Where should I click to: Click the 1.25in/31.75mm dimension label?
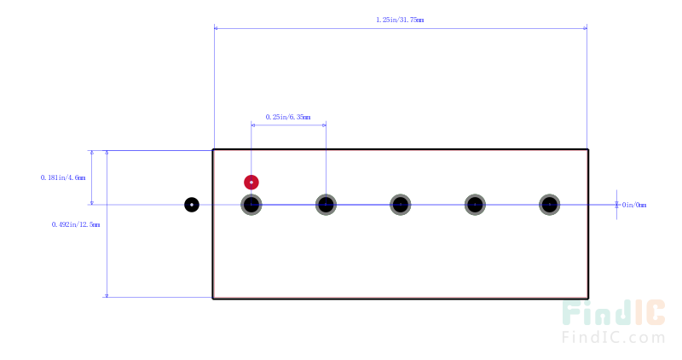[x=400, y=20]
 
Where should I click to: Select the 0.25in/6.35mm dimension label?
[x=288, y=117]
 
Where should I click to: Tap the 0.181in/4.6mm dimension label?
[x=63, y=177]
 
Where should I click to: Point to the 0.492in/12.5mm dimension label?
[x=76, y=224]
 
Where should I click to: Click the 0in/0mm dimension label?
[x=634, y=205]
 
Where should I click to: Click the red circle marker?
[x=251, y=183]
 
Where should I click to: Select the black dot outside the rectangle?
[x=192, y=205]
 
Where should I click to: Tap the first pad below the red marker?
[x=251, y=205]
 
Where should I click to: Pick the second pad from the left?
[x=326, y=205]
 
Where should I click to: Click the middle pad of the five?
[x=401, y=205]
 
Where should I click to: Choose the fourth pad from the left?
[x=475, y=205]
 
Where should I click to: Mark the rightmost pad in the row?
[x=550, y=205]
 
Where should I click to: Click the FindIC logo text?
[x=613, y=312]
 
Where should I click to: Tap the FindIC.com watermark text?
[x=613, y=337]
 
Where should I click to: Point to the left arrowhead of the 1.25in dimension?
[x=216, y=28]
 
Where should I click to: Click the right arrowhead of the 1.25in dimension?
[x=585, y=28]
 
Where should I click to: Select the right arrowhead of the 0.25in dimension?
[x=324, y=125]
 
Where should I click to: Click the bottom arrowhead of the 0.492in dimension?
[x=107, y=295]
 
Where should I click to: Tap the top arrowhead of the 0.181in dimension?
[x=92, y=153]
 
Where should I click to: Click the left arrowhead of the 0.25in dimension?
[x=253, y=125]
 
